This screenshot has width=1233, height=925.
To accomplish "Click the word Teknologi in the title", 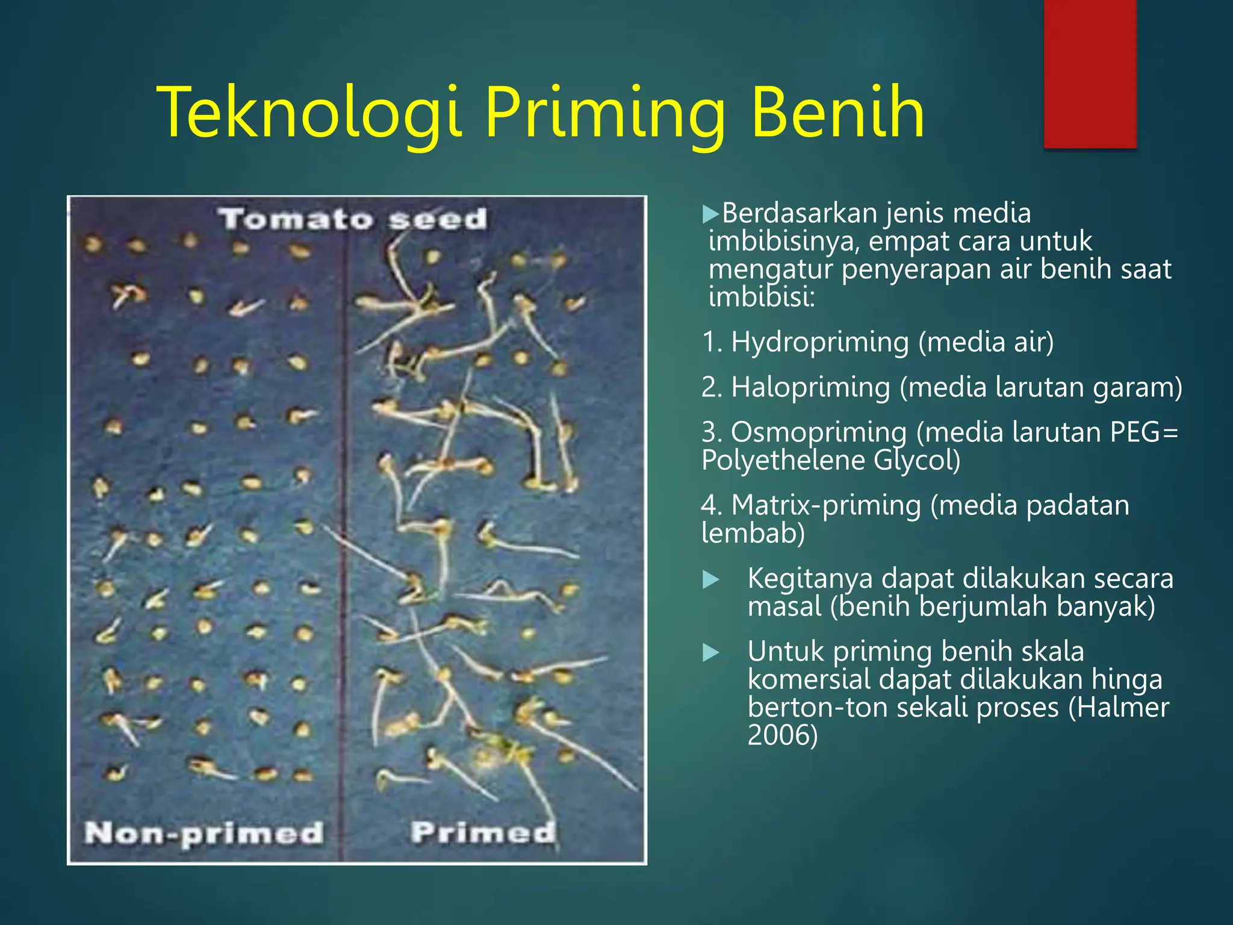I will [309, 113].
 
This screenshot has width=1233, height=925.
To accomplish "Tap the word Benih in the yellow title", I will [837, 113].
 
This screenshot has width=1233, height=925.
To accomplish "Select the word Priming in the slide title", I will [605, 113].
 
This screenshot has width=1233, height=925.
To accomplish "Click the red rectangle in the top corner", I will [1090, 73].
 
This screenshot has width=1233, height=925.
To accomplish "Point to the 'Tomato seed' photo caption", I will [353, 219].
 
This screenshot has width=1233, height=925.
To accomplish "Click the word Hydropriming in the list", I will [819, 342].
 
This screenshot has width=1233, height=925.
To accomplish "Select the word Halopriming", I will [810, 387].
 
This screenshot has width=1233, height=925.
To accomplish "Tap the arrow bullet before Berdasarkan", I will [711, 214].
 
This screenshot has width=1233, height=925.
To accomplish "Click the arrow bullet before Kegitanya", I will [711, 580].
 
